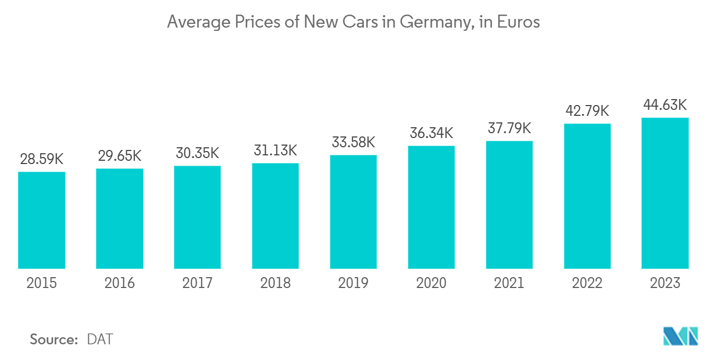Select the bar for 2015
pyautogui.click(x=42, y=220)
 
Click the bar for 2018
pyautogui.click(x=275, y=216)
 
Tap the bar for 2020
pyautogui.click(x=431, y=207)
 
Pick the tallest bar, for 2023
pyautogui.click(x=665, y=193)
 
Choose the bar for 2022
pyautogui.click(x=587, y=196)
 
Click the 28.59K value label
pyautogui.click(x=42, y=160)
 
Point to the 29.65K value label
pyautogui.click(x=120, y=156)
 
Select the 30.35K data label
pyautogui.click(x=197, y=153)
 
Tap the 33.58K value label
pyautogui.click(x=353, y=142)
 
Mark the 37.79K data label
pyautogui.click(x=509, y=129)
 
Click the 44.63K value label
pyautogui.click(x=665, y=105)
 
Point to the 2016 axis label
pyautogui.click(x=120, y=283)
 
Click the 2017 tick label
pyautogui.click(x=197, y=283)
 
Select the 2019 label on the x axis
pyautogui.click(x=353, y=283)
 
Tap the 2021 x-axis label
pyautogui.click(x=509, y=283)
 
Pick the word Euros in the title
pyautogui.click(x=521, y=23)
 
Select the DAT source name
pyautogui.click(x=100, y=339)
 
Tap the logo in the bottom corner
pyautogui.click(x=681, y=336)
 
